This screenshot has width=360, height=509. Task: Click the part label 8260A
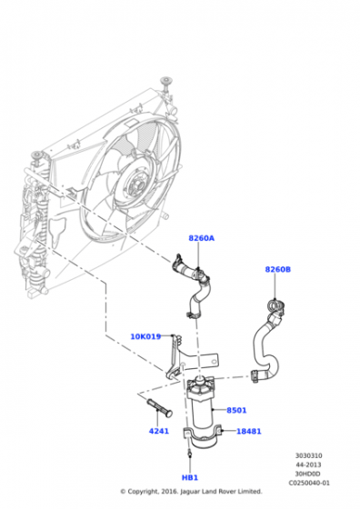pos(201,238)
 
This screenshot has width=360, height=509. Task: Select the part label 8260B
pos(278,269)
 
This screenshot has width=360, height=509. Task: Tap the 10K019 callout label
pos(145,336)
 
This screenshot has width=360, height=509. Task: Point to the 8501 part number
pos(236,410)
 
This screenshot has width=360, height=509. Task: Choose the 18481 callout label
pos(249,432)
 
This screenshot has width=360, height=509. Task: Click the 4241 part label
pos(159,431)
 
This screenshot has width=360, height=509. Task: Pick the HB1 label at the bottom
pos(190,477)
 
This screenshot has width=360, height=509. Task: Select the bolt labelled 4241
pos(160,407)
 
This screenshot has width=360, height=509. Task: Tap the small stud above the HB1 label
pos(190,454)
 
